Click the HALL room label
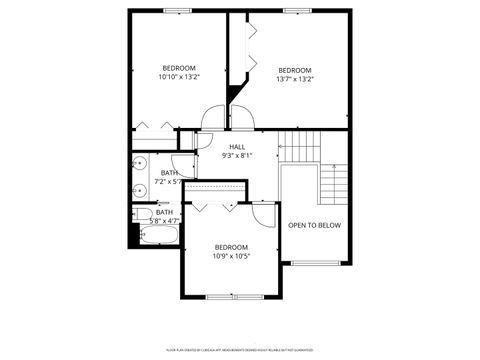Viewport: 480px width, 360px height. tap(237, 146)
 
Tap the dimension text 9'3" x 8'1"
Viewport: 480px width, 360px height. tap(237, 155)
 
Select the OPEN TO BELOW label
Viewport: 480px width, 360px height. tap(314, 225)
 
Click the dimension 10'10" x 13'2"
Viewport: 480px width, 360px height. tap(179, 77)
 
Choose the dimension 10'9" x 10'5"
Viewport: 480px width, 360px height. tap(230, 255)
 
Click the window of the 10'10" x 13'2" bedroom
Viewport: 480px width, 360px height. tap(177, 11)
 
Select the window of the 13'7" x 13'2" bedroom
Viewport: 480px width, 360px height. tap(296, 11)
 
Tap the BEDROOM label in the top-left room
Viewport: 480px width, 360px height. tap(179, 67)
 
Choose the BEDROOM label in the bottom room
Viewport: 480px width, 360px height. tap(230, 246)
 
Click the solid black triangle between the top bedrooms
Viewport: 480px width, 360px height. tap(236, 95)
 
